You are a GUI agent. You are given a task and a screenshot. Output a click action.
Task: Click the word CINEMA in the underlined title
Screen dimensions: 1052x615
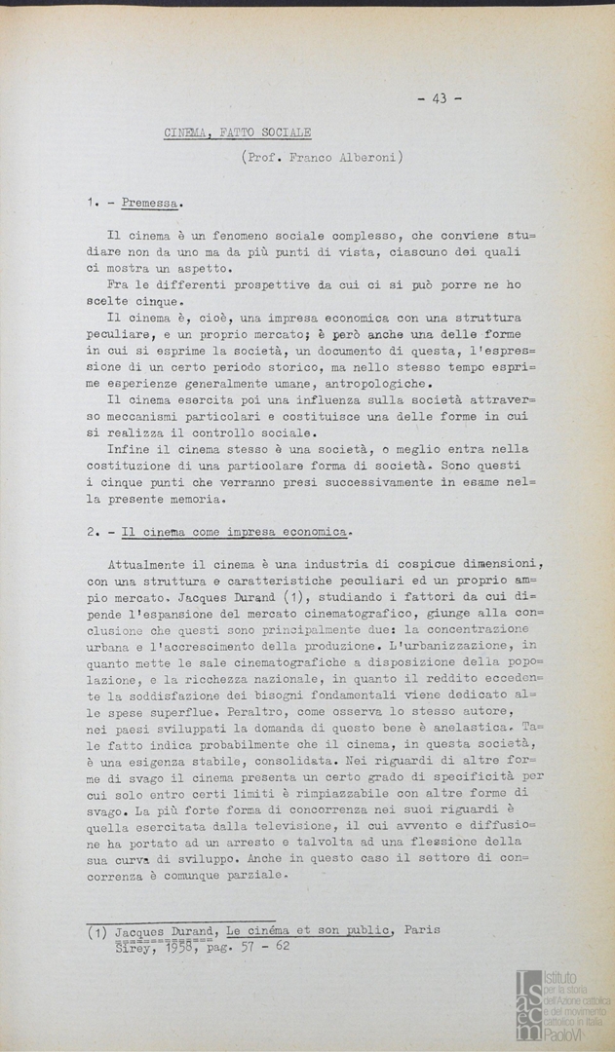coord(187,133)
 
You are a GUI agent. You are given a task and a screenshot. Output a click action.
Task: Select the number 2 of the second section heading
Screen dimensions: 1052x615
coord(90,532)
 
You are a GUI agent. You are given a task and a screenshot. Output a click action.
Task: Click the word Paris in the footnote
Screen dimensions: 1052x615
coord(422,930)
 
